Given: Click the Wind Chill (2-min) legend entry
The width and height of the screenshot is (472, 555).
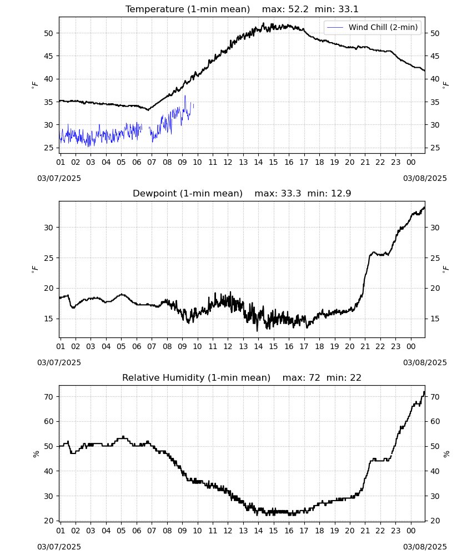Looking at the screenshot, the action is tap(373, 27).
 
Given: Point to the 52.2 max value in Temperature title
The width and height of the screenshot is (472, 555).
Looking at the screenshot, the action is tap(299, 9).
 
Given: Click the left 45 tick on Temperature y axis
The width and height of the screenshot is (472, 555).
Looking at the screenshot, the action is tap(48, 56).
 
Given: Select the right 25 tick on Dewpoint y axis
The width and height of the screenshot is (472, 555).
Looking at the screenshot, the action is tap(435, 258).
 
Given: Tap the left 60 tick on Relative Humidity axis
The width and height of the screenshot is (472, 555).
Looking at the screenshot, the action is tap(48, 422).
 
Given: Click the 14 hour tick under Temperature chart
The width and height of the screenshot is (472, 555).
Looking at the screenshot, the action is tap(258, 162).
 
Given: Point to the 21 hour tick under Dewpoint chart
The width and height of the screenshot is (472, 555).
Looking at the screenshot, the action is tap(365, 346).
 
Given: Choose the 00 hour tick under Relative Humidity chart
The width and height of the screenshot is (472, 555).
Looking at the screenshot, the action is tap(411, 531).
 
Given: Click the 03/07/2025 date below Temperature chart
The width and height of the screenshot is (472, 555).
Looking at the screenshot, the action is tap(59, 178).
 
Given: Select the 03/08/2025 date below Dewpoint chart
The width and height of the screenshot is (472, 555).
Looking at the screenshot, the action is tap(425, 362).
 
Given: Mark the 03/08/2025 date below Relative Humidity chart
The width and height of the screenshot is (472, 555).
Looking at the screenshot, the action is tap(425, 547).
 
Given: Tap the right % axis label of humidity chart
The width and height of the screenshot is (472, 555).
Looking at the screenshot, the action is tap(446, 454).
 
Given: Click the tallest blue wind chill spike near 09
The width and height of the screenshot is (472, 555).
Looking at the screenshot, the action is tap(185, 96).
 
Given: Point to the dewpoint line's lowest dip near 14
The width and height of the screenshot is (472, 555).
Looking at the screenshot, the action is tap(257, 331).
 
